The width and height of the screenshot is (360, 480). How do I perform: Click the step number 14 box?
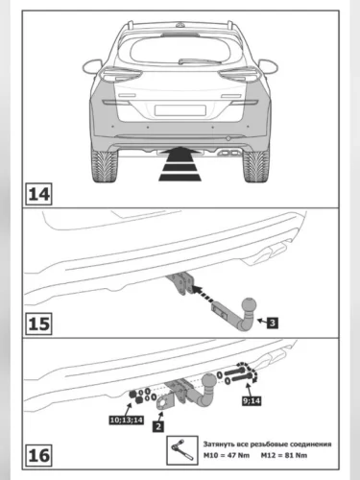[x=38, y=194]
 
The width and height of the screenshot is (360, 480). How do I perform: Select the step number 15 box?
[x=38, y=324]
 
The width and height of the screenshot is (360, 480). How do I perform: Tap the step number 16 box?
[x=38, y=455]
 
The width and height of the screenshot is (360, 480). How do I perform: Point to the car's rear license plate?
[x=180, y=110]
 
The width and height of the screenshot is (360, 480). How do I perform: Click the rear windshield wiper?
[x=200, y=60]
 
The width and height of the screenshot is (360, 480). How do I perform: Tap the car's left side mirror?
[x=92, y=66]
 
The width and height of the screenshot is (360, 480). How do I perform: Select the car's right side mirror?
[x=268, y=66]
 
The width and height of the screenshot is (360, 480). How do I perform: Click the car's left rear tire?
[x=105, y=165]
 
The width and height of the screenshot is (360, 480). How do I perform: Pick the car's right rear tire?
[x=256, y=165]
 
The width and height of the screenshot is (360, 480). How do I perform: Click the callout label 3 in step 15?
[x=273, y=323]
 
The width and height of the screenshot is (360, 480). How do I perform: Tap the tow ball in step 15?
[x=250, y=305]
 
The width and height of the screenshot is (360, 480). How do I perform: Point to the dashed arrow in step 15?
[x=204, y=295]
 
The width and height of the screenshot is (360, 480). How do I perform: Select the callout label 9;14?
[x=252, y=400]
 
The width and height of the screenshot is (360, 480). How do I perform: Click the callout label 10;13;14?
[x=126, y=420]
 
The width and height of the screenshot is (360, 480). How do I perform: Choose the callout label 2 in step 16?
[x=158, y=426]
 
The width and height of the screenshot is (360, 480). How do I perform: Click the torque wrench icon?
[x=182, y=450]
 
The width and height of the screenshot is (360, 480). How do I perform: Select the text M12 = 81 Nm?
[x=284, y=455]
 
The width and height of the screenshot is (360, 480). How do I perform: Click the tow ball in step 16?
[x=209, y=381]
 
